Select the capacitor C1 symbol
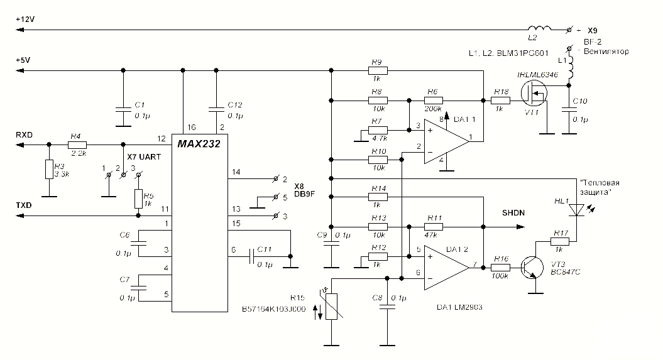(x=123, y=110)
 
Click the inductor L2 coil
(x=539, y=28)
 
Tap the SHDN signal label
(x=513, y=213)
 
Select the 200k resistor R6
(x=432, y=99)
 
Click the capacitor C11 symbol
(x=252, y=256)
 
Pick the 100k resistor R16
(x=501, y=266)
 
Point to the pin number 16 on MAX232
(x=183, y=127)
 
